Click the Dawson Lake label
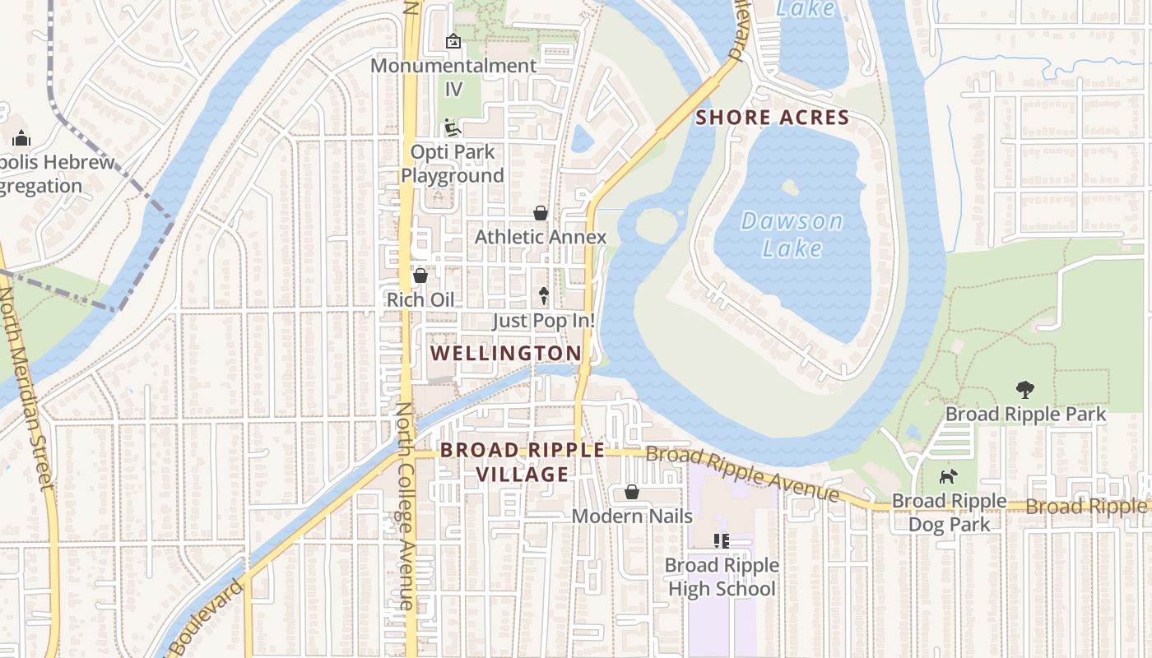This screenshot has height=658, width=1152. (792, 234)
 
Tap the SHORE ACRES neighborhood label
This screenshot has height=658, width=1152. (772, 118)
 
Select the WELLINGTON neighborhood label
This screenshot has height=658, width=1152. (506, 353)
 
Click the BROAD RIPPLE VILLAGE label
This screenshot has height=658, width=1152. (522, 462)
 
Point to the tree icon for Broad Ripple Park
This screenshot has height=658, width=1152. (1024, 389)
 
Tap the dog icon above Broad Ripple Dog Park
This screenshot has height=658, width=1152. (949, 476)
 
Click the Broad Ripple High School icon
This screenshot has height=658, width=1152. (722, 540)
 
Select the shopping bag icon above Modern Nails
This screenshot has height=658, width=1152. (632, 492)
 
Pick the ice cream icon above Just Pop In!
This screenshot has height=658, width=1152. (543, 295)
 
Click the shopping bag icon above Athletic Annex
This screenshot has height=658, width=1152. (541, 213)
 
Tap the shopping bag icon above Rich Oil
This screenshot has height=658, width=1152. (420, 276)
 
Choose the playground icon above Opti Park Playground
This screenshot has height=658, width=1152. (452, 127)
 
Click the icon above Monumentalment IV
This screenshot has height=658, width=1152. (453, 40)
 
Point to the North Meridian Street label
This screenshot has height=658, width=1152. (29, 387)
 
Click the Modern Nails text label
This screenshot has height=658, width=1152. (632, 517)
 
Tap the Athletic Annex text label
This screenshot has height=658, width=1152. (541, 237)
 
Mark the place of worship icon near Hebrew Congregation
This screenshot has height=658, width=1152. (21, 138)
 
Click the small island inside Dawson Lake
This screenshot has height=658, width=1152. (790, 187)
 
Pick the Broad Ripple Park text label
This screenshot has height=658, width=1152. (1025, 414)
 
